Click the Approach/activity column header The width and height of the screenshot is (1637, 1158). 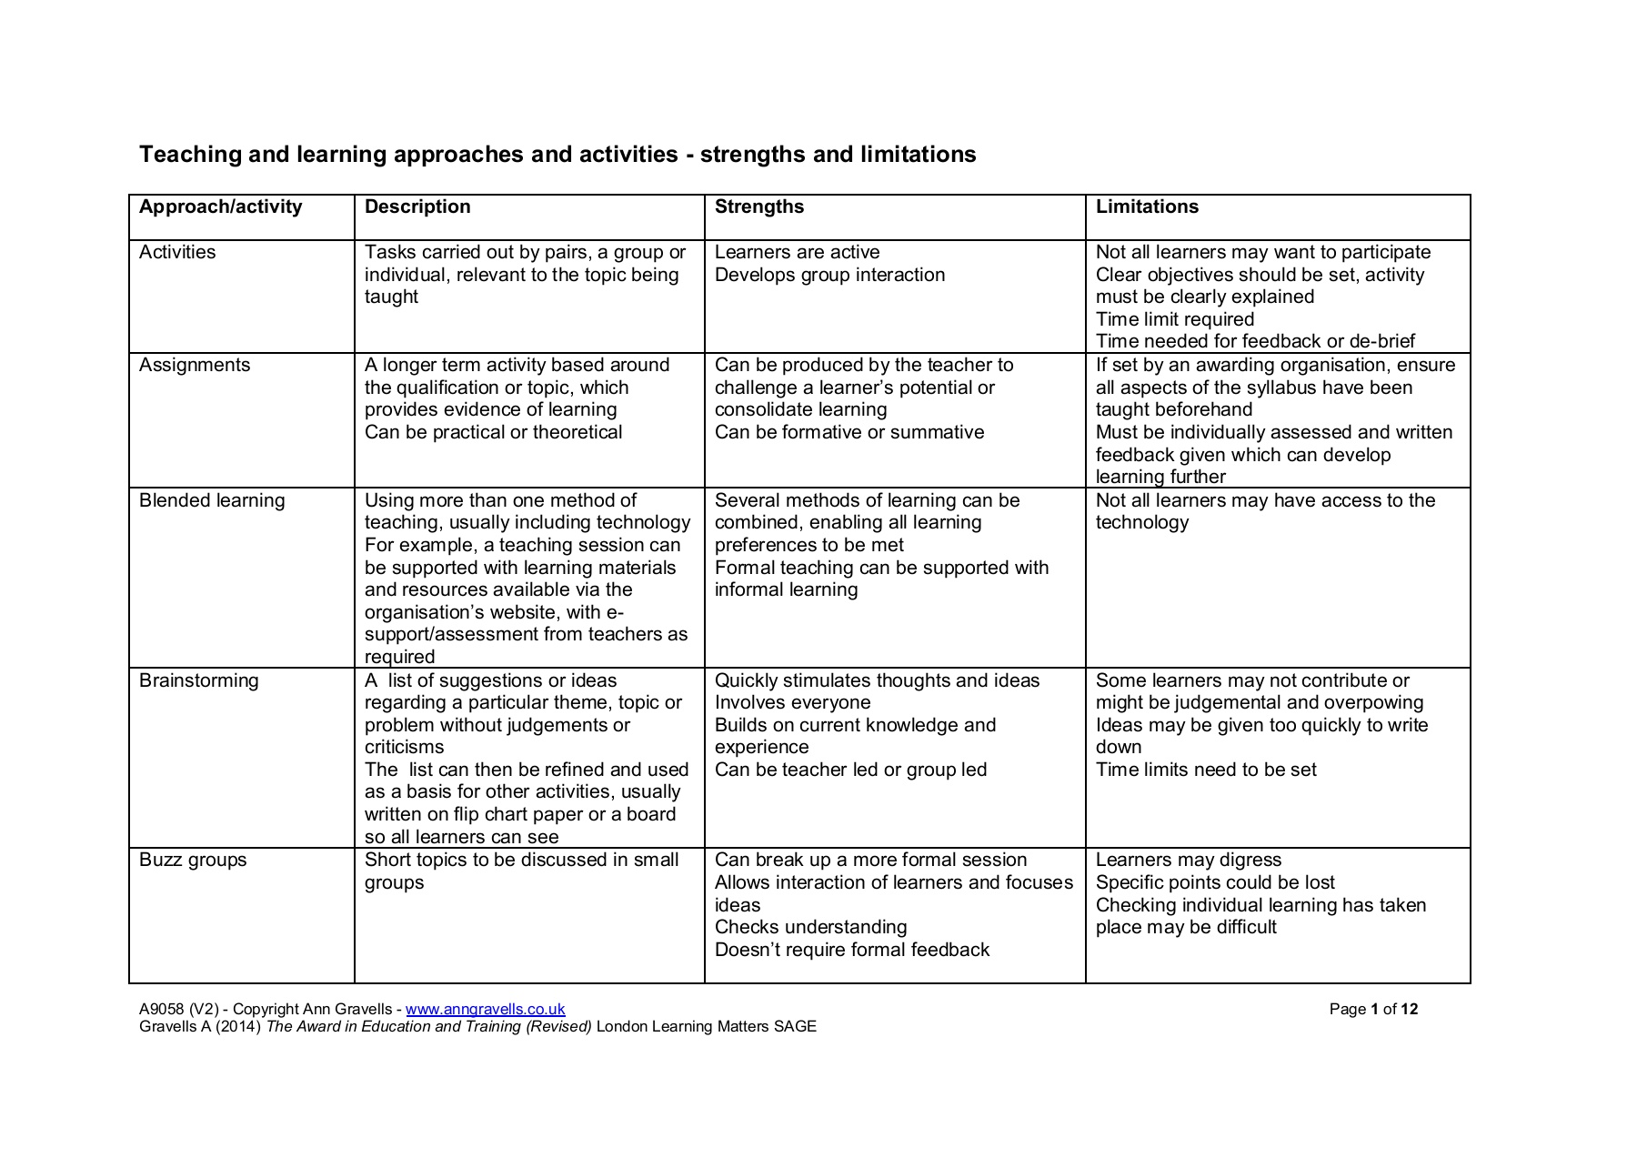(220, 207)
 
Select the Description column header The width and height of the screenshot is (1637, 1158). (417, 207)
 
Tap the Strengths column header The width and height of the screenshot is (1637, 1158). (759, 207)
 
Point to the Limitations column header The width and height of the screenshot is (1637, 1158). (1147, 207)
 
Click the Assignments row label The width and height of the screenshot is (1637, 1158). (195, 366)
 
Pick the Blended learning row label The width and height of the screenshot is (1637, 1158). (212, 501)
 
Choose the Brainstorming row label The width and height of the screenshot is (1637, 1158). (199, 681)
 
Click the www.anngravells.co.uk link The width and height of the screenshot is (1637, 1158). (486, 1010)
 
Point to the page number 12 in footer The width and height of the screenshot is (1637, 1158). (1410, 1010)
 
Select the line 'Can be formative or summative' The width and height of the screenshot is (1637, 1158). (849, 433)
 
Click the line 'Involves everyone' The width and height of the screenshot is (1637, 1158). (793, 703)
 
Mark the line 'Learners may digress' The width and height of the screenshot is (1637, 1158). (1189, 861)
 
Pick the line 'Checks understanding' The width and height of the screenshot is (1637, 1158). (811, 928)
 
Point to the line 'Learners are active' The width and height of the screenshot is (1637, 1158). (798, 253)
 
